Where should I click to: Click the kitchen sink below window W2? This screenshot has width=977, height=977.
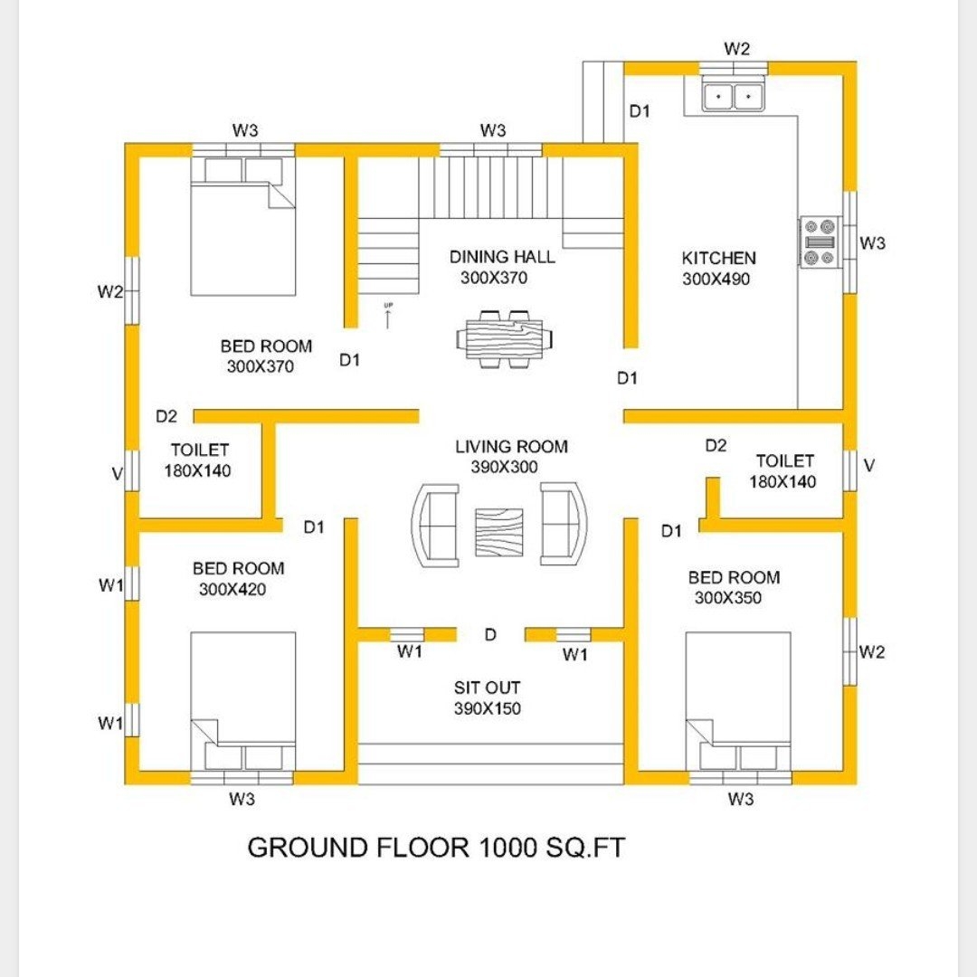pos(734,95)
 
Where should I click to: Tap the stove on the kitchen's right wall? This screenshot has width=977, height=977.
pos(820,242)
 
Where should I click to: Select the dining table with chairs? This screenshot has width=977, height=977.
pos(505,339)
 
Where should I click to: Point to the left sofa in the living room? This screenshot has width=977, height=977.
pos(436,525)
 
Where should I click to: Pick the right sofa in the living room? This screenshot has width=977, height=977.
pos(564,524)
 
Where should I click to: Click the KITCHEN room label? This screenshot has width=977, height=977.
pos(718,259)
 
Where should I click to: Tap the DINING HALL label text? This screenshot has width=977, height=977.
pos(502,257)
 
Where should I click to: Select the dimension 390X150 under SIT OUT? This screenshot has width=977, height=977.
pos(487,709)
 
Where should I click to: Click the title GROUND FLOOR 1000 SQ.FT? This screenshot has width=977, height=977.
pos(436,849)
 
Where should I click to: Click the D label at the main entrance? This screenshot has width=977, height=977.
pos(489,635)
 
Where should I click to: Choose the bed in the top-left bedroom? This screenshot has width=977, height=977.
pos(242,227)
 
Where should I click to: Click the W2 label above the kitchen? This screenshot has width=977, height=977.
pos(737,49)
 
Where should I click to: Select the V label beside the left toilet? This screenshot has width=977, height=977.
pos(117,473)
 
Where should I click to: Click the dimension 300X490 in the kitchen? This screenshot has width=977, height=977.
pos(716,280)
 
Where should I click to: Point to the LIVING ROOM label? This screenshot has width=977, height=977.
pos(511,446)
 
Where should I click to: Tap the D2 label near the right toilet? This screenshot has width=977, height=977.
pos(716,445)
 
